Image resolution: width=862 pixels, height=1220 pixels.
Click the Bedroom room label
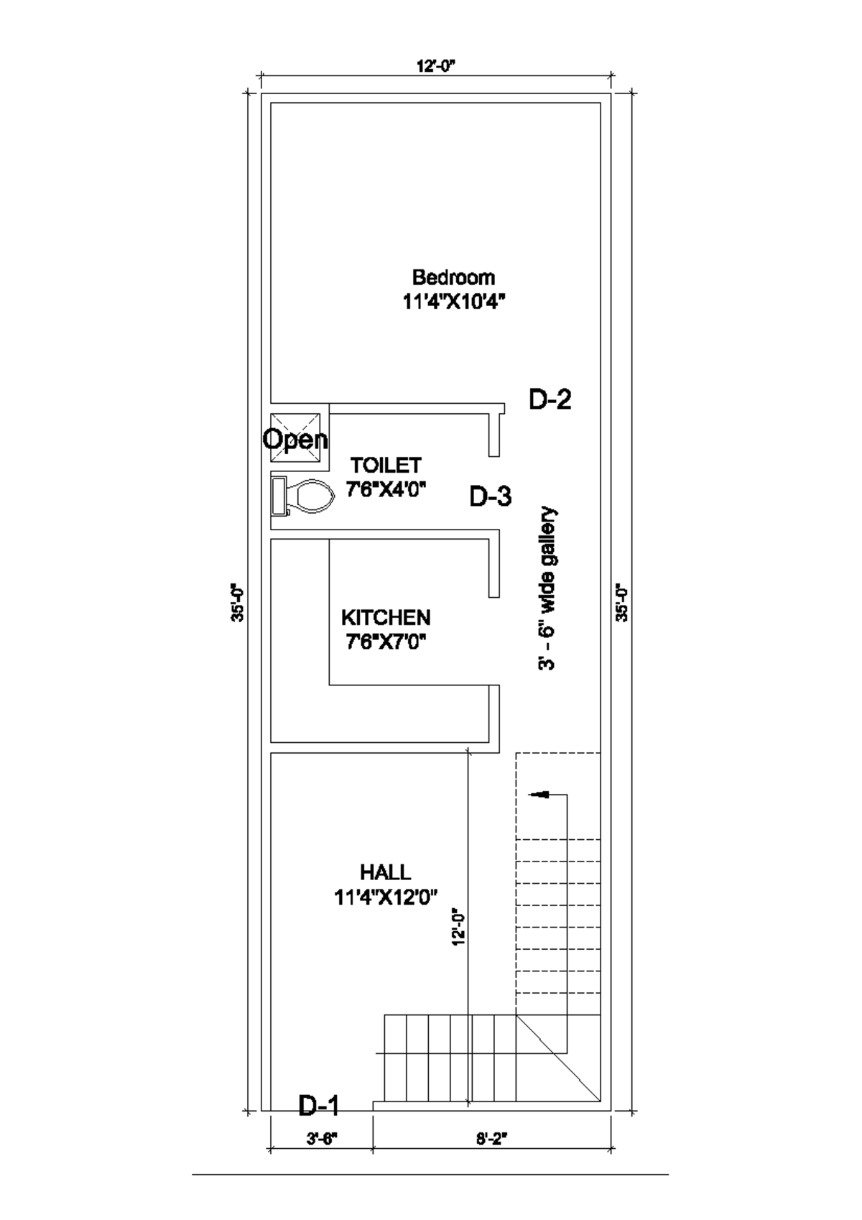(x=453, y=277)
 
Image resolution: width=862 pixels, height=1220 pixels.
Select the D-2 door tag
(x=550, y=399)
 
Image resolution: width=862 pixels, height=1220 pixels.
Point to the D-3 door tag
(x=491, y=496)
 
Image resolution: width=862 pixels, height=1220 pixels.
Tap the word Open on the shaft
(x=295, y=439)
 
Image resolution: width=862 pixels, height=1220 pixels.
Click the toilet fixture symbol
(x=302, y=496)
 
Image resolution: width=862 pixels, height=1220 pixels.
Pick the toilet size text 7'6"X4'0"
(x=386, y=489)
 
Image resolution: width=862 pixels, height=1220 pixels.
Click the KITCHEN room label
(x=386, y=618)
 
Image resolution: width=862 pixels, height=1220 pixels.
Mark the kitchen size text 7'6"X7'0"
(x=386, y=642)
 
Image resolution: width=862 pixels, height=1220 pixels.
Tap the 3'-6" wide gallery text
(x=547, y=588)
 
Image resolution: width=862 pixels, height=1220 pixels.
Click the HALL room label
(x=386, y=872)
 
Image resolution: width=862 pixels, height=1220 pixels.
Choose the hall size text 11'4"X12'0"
(x=386, y=897)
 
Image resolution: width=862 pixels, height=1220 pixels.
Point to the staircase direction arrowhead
(x=538, y=795)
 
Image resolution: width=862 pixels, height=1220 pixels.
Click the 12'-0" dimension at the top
(x=436, y=66)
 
